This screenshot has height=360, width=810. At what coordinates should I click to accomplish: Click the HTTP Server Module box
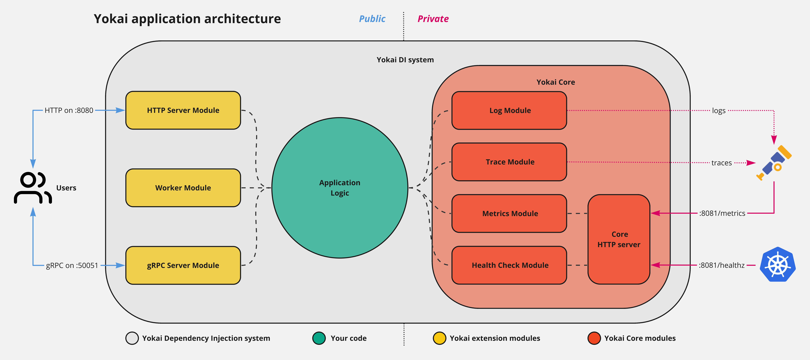coord(183,110)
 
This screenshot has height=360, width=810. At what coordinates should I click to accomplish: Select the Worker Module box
coord(183,188)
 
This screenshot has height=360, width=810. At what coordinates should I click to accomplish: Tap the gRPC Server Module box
coord(183,265)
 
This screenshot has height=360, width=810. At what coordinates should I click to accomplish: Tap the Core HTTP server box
coord(619,239)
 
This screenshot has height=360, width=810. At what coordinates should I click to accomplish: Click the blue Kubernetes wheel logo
coord(778,264)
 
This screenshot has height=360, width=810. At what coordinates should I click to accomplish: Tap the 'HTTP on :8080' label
coord(69,110)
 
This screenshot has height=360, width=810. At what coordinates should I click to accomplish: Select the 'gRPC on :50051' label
coord(72,265)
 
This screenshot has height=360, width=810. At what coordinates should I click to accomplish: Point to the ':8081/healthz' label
coord(722,265)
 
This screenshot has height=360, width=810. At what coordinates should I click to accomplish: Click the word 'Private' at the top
coord(433,19)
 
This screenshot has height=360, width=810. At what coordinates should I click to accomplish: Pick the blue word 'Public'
coord(372,19)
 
